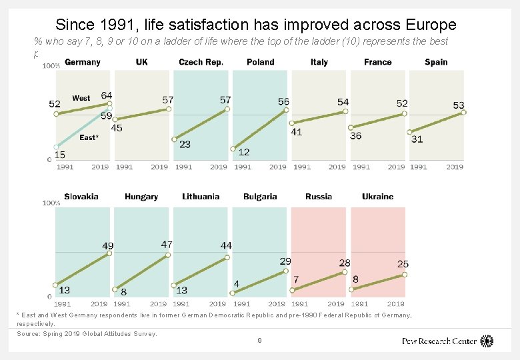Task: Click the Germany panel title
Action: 83,62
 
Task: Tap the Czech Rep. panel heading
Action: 201,62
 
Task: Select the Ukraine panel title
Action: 377,197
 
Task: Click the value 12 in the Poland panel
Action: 244,152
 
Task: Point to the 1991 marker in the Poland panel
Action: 233,149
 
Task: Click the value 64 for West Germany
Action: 107,96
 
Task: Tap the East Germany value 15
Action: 59,155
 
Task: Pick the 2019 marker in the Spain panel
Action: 463,113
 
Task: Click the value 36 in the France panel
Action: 356,135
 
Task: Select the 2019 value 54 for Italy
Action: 343,102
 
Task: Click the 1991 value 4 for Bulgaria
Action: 237,284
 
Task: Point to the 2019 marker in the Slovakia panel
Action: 109,254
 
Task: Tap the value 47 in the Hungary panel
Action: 167,245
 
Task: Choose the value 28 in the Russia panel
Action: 344,263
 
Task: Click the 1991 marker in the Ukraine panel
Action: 351,290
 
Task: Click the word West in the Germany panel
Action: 81,98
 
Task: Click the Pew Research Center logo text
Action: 439,341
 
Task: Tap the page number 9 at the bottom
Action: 259,341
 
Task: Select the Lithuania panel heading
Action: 201,197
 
